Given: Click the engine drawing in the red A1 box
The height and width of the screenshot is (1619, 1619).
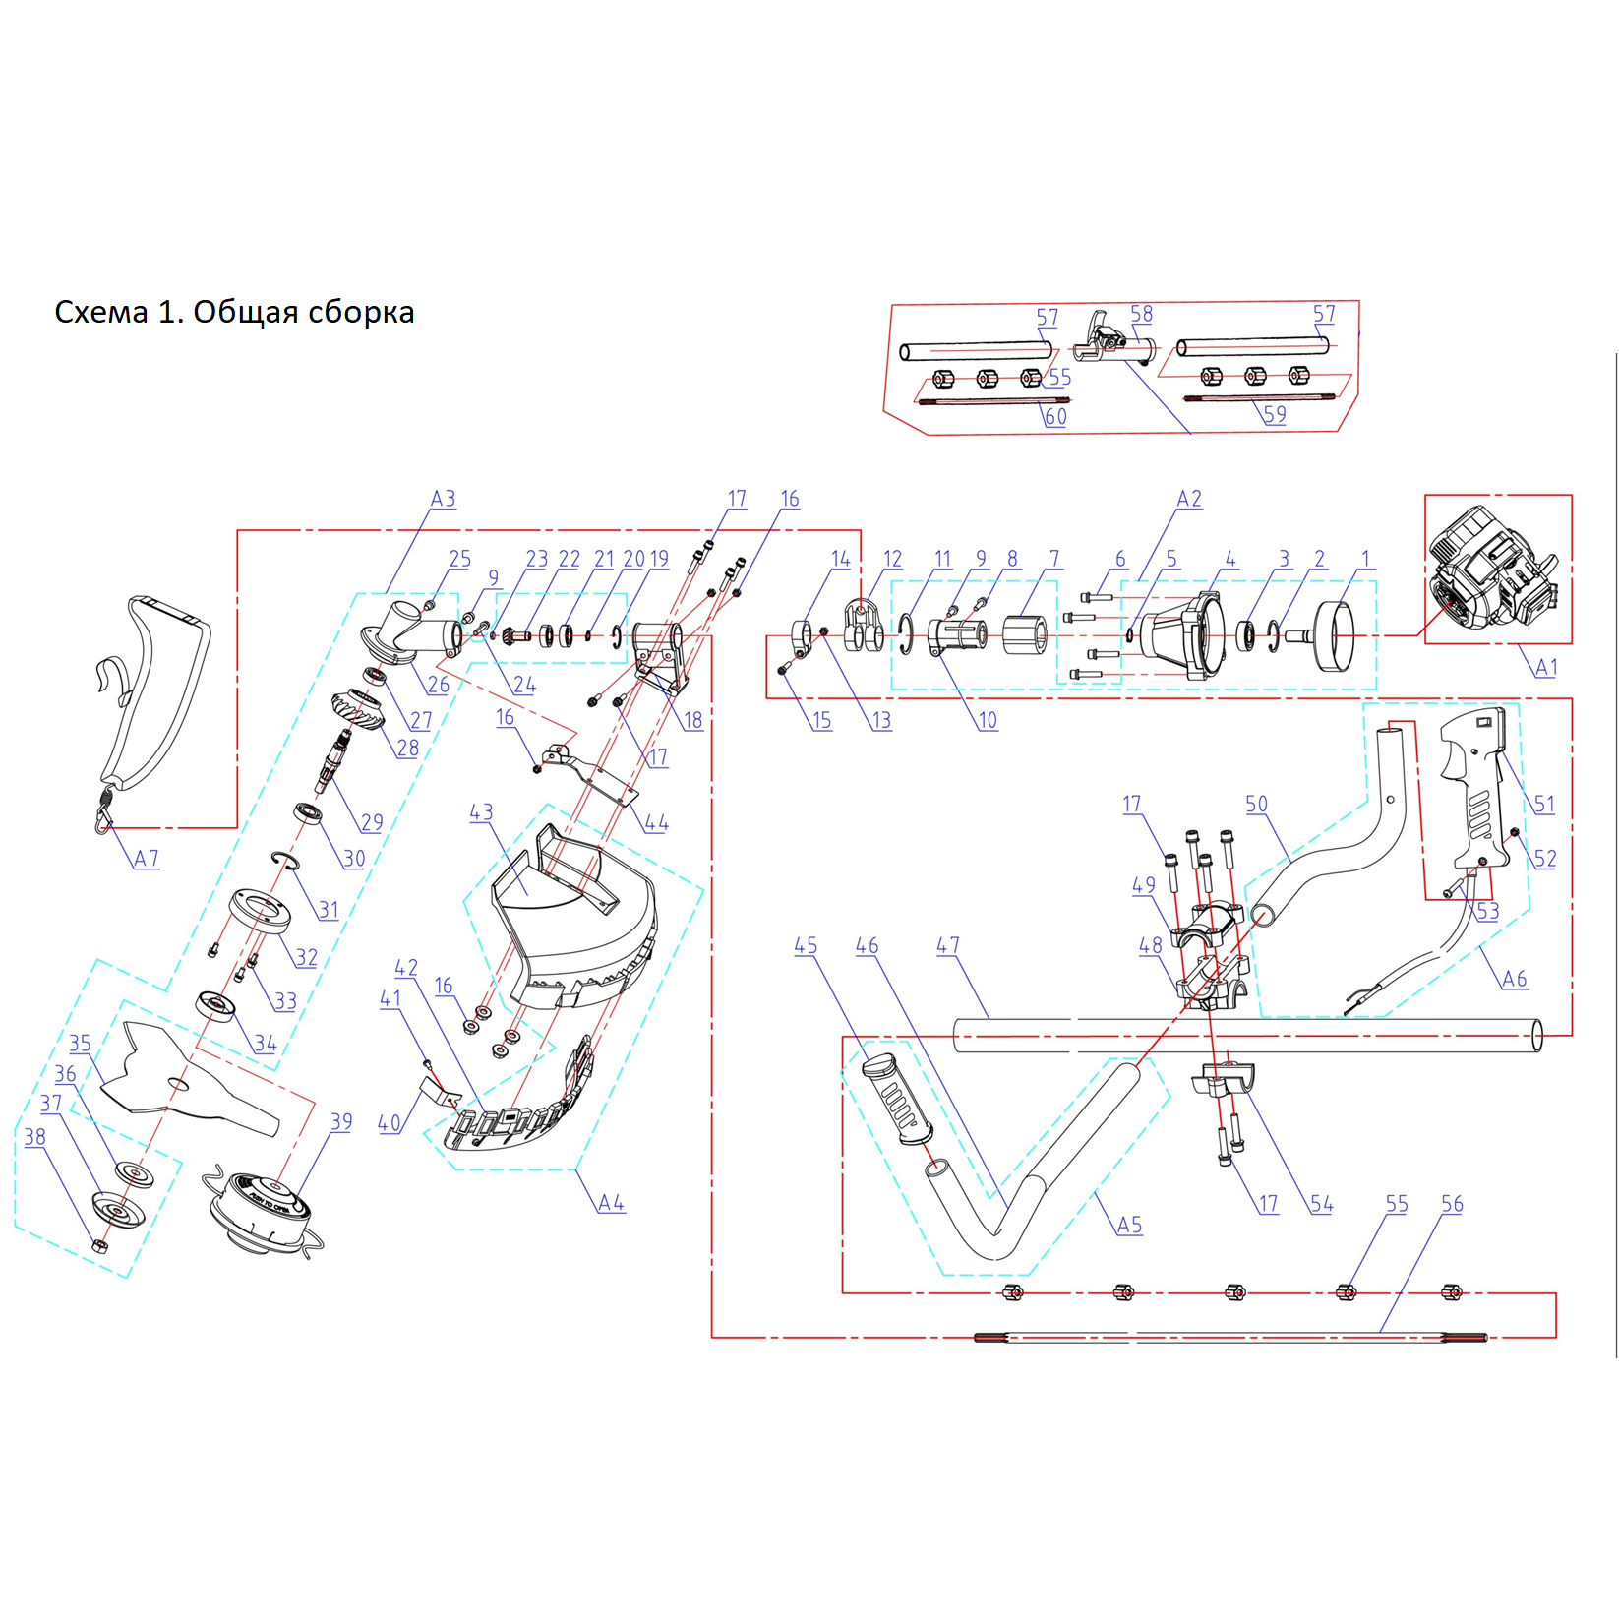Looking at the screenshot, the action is pyautogui.click(x=1494, y=569).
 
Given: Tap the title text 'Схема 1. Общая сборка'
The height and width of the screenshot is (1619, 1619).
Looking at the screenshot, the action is pyautogui.click(x=234, y=312).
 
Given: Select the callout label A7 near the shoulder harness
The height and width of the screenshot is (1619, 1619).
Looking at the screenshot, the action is pyautogui.click(x=147, y=859).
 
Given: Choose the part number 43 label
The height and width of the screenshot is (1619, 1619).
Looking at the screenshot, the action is pyautogui.click(x=481, y=812).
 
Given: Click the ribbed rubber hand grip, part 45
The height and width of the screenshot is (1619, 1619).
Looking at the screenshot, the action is pyautogui.click(x=897, y=1100).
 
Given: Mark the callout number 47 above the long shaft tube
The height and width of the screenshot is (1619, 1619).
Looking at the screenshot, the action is pyautogui.click(x=948, y=945).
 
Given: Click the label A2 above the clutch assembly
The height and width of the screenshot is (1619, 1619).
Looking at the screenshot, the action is pyautogui.click(x=1189, y=499).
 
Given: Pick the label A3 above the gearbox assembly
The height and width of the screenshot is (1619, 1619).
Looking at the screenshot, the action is pyautogui.click(x=444, y=499).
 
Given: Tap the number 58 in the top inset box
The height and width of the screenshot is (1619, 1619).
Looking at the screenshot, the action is pyautogui.click(x=1141, y=314).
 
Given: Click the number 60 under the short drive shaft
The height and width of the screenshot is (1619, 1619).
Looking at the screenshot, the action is pyautogui.click(x=1055, y=416).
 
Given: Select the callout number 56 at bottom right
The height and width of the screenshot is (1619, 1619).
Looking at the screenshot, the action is pyautogui.click(x=1452, y=1204).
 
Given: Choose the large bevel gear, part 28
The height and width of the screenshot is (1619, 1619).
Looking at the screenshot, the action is pyautogui.click(x=357, y=711).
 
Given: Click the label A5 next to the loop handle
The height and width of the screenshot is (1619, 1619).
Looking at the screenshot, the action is pyautogui.click(x=1130, y=1225).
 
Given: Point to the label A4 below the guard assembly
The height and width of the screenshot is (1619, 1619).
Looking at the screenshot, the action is pyautogui.click(x=611, y=1203).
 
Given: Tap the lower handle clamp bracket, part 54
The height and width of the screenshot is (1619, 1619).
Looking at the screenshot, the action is pyautogui.click(x=1223, y=1081).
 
